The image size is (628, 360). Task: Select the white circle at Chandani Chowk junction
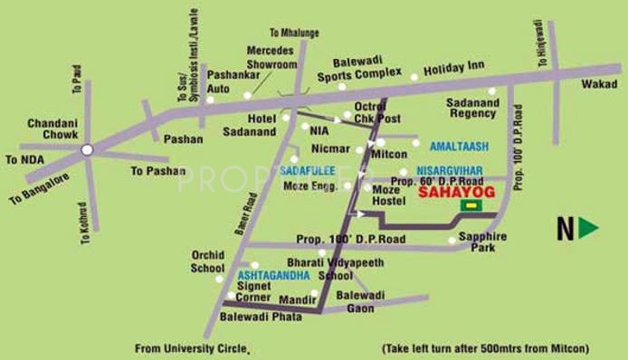87,149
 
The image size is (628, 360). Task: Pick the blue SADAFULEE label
308,169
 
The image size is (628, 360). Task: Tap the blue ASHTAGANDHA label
273,273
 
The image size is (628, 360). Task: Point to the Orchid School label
207,261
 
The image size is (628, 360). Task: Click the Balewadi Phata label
257,317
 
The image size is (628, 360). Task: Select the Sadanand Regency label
474,109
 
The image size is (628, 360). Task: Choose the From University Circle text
191,346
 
